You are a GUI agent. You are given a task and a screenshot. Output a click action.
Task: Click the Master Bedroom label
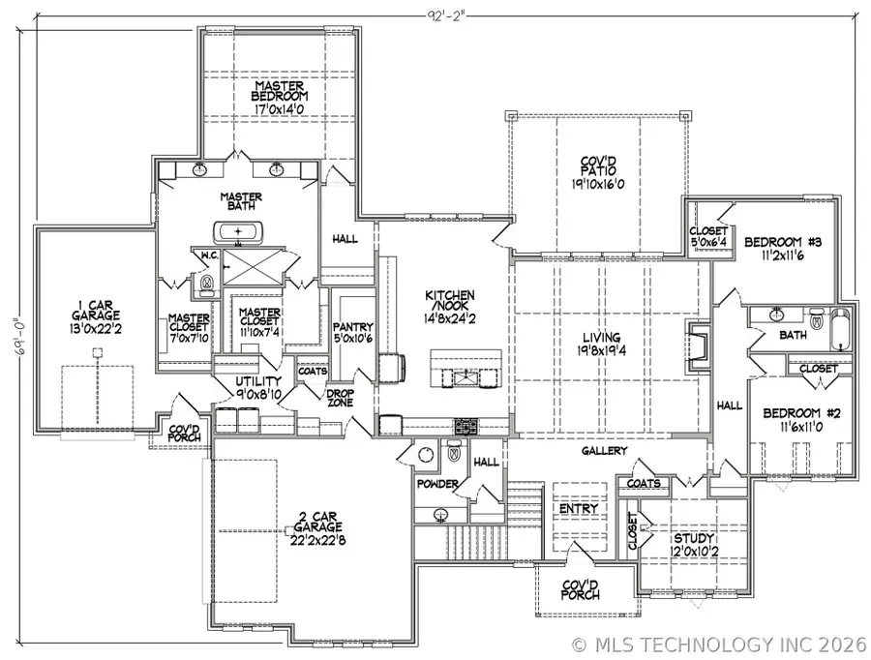point(280,97)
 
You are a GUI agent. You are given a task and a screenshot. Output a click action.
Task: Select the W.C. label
point(207,256)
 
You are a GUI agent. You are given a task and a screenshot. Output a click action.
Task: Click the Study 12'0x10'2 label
point(694,544)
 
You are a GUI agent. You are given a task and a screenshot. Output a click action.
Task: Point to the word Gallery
point(605,451)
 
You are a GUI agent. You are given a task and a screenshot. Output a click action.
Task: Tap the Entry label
point(579,509)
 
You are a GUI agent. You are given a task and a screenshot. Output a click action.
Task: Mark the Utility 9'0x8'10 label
point(246,388)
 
